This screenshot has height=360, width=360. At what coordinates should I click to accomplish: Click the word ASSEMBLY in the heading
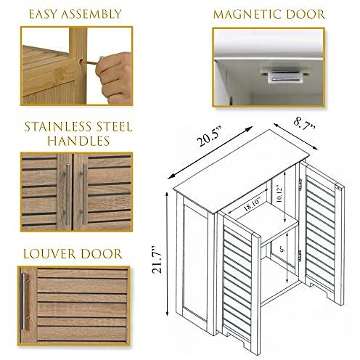coord(91,15)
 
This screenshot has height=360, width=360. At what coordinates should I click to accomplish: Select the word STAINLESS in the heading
coord(57,127)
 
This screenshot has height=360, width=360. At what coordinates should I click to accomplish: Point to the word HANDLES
coord(78,141)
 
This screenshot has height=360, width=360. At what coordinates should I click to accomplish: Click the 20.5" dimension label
coord(209,139)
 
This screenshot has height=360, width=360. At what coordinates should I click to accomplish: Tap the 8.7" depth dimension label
coord(305,125)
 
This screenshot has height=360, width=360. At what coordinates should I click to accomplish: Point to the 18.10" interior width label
coord(253,205)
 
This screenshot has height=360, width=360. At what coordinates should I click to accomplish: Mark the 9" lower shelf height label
coord(282,250)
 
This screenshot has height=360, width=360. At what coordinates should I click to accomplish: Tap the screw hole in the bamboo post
coord(81,62)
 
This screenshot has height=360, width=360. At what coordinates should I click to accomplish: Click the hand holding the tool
coord(115,77)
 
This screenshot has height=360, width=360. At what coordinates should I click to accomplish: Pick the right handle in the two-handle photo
coord(84,194)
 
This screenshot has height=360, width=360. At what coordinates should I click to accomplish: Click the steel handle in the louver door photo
coord(23,301)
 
